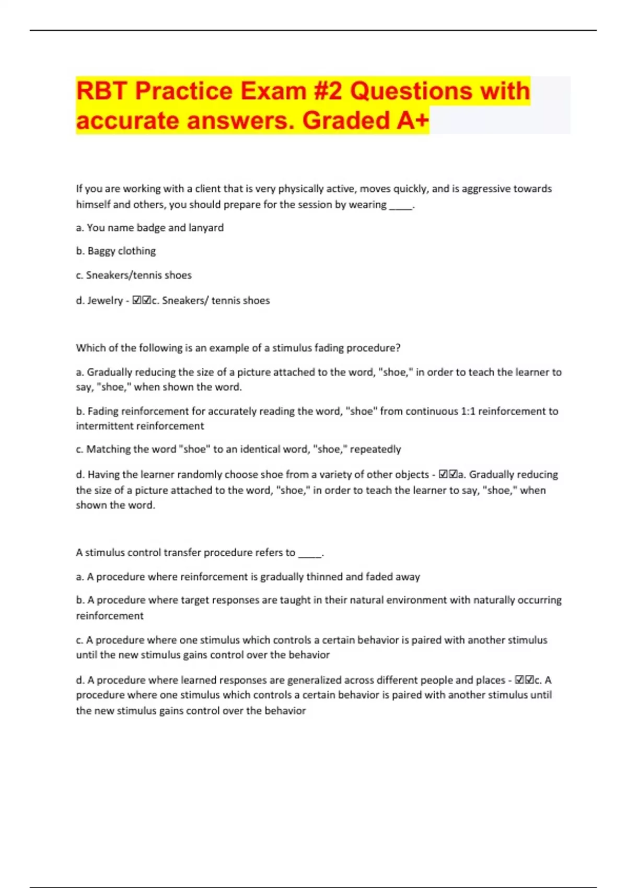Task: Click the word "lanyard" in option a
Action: (206, 228)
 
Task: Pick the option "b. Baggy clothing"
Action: (116, 251)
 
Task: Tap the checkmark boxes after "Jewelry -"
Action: (142, 300)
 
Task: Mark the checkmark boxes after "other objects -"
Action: (448, 475)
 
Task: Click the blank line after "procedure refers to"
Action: (310, 553)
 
